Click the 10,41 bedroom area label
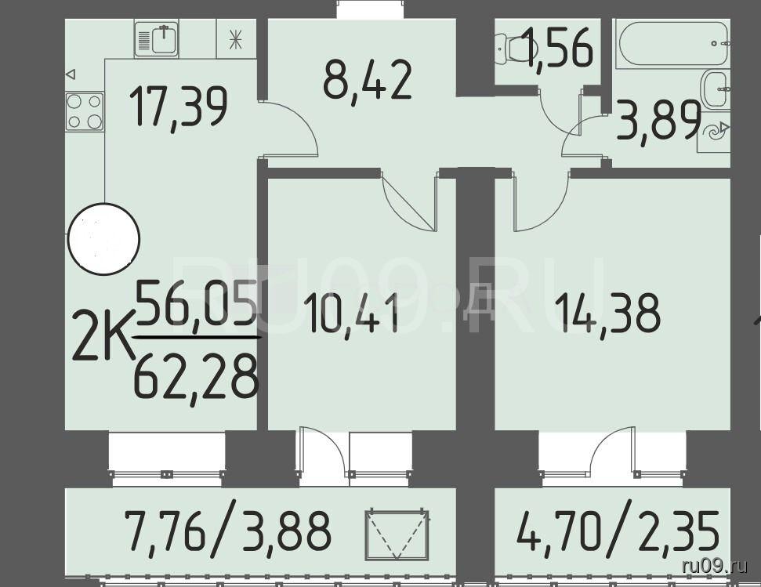(x=353, y=313)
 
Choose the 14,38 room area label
(x=608, y=313)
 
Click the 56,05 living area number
(x=196, y=305)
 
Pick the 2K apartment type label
(x=103, y=336)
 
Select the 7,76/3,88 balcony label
(x=227, y=530)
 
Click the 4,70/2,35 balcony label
(x=617, y=530)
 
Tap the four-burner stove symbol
(x=85, y=111)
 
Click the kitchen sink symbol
(x=156, y=39)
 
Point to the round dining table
(x=103, y=239)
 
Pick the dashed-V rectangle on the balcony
(x=397, y=534)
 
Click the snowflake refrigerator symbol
(x=236, y=39)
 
